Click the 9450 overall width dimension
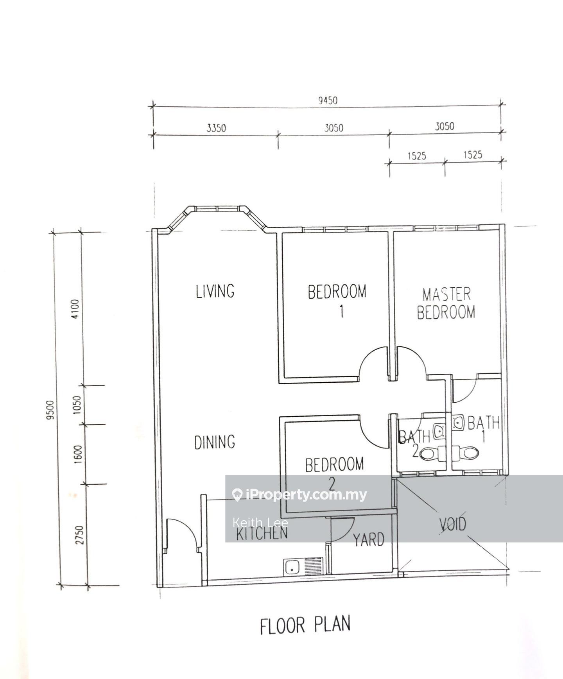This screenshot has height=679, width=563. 328,100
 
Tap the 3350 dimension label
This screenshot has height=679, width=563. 216,128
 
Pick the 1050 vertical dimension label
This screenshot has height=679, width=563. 77,405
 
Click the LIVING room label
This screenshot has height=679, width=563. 215,291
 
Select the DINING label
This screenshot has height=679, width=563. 215,442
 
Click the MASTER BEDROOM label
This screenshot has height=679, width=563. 446,303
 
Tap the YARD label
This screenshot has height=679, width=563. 369,540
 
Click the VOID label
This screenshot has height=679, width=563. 452,524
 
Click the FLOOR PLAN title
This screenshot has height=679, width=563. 305,625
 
